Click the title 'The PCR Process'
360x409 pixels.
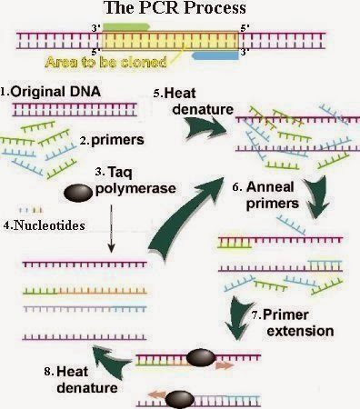coord(179,10)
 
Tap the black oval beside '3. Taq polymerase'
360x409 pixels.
coord(78,193)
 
